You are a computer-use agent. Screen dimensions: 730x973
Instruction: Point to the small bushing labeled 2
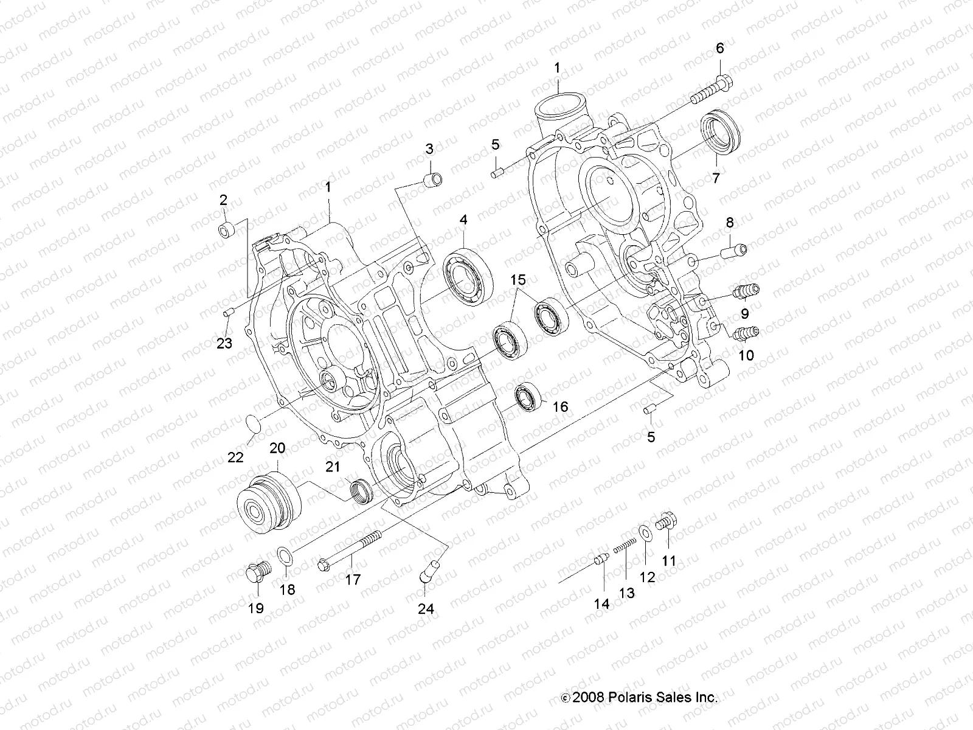226,231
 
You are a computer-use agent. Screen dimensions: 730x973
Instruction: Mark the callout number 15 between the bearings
518,280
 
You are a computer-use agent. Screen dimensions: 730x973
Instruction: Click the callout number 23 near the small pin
224,344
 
